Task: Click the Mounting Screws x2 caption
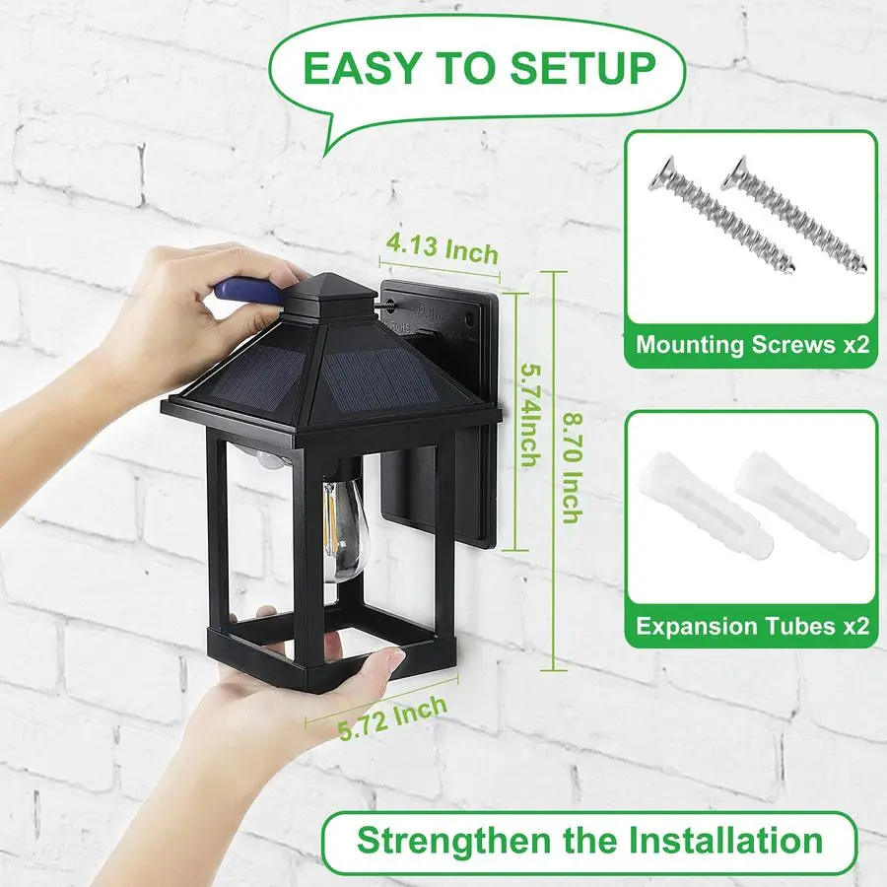point(752,345)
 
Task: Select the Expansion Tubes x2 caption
point(752,626)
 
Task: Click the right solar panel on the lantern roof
point(379,375)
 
